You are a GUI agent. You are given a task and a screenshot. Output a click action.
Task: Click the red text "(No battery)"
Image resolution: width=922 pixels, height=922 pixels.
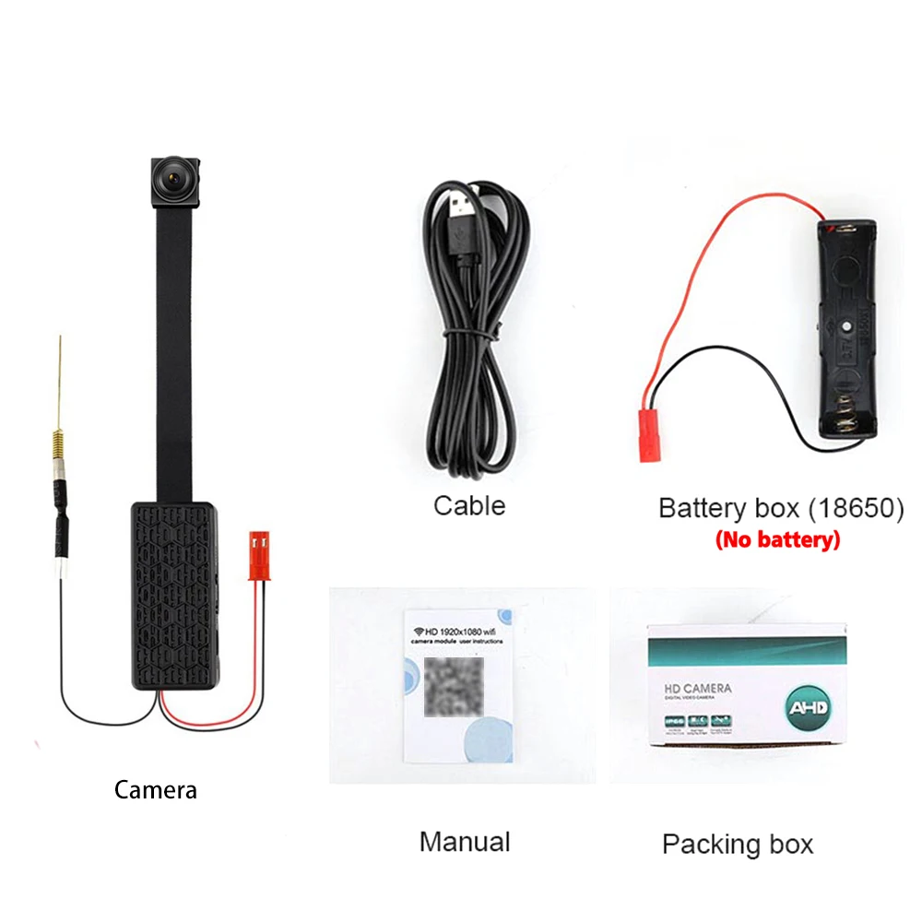[x=777, y=539]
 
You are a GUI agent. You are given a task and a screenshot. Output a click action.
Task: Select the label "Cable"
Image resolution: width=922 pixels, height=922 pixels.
[x=469, y=505]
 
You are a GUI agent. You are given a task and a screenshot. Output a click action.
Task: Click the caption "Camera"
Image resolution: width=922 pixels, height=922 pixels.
[x=155, y=790]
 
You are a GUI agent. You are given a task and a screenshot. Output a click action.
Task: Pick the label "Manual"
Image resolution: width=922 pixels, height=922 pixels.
[x=464, y=841]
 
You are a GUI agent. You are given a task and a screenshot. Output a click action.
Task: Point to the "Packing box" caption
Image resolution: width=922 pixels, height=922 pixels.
[x=738, y=844]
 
